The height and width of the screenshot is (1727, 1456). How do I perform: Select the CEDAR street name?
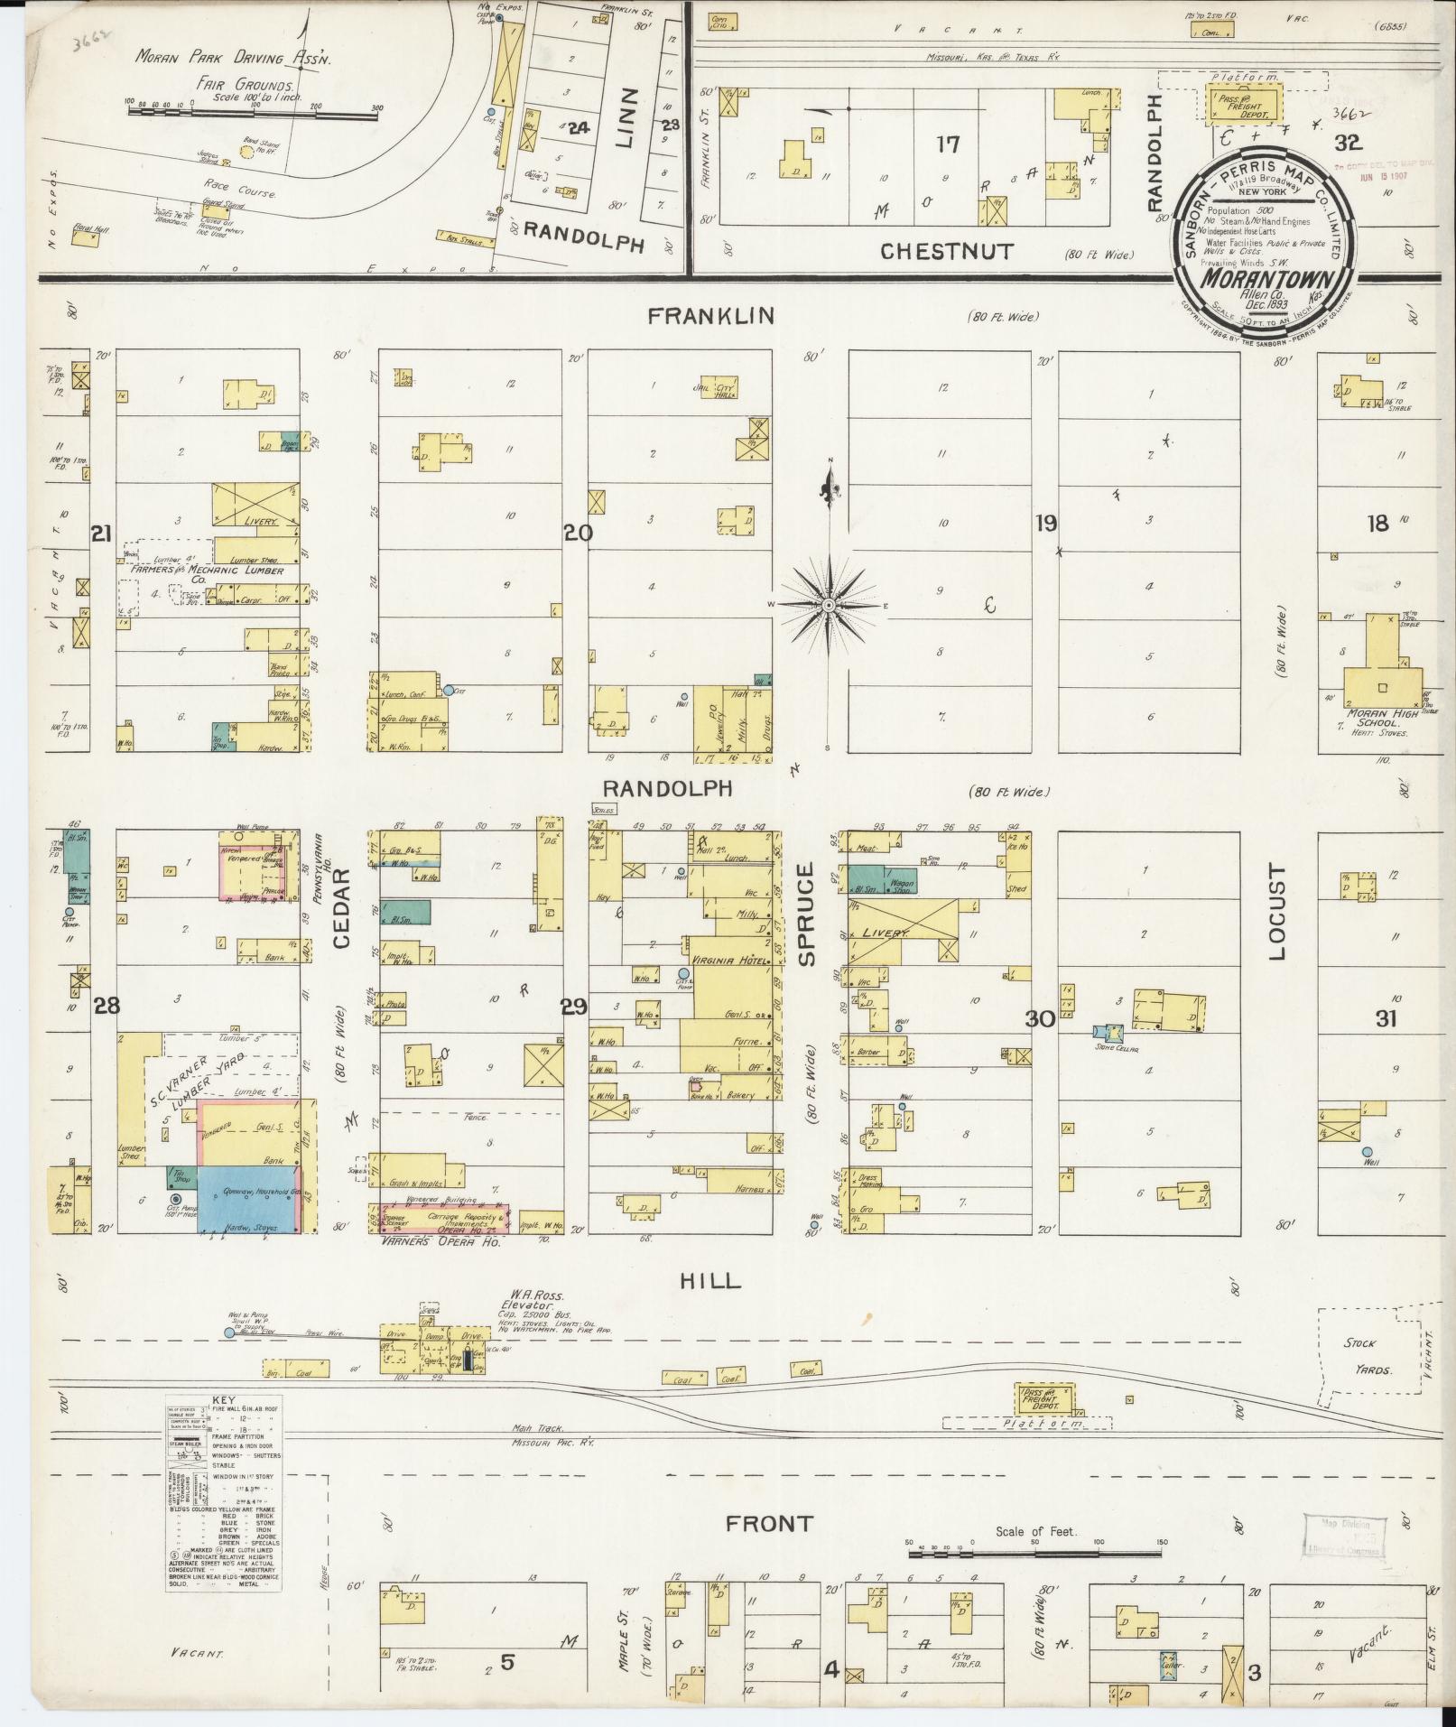[x=341, y=915]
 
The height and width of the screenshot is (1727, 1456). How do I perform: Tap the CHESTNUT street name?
[x=947, y=251]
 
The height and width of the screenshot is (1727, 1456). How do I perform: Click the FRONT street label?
[x=770, y=1523]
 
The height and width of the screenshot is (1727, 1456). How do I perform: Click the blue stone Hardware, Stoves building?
[x=249, y=1199]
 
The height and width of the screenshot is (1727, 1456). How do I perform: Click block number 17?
[x=948, y=143]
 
